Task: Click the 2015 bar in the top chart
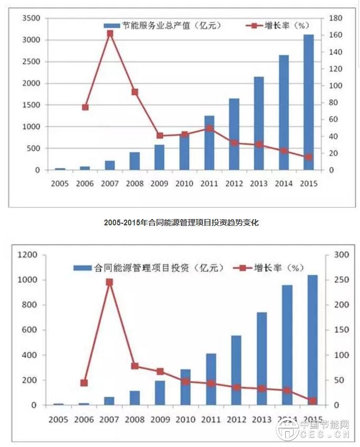tap(308, 103)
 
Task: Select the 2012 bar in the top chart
tap(234, 134)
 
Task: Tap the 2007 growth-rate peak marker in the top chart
tap(110, 33)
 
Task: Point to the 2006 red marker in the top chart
tap(85, 107)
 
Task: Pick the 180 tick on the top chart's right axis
tap(335, 18)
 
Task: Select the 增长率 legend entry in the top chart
tap(280, 25)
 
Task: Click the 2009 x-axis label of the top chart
tap(159, 184)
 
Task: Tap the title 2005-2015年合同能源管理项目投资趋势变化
tap(181, 223)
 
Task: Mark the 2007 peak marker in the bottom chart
tap(110, 282)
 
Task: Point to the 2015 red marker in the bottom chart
tap(313, 401)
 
